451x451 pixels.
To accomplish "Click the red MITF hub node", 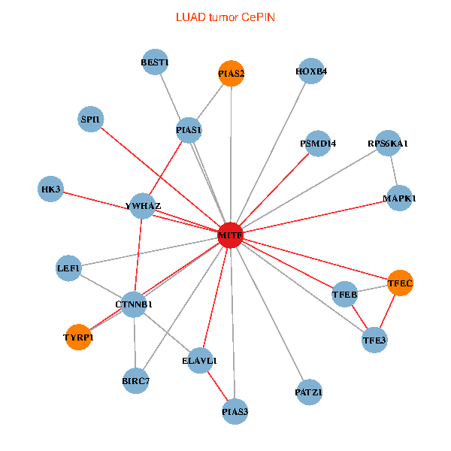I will [230, 236].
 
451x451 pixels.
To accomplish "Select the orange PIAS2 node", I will [232, 74].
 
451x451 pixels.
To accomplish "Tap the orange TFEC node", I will [400, 283].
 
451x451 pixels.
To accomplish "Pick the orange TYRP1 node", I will [79, 337].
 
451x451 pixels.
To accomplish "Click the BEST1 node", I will [155, 62].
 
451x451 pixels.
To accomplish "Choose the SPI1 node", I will [91, 119].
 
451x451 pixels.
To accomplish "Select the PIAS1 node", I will [189, 131].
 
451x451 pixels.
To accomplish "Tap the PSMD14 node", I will [318, 143].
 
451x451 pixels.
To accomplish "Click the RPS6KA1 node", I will [388, 143].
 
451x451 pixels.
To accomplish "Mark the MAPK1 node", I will [399, 198].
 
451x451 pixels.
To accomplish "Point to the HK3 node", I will [51, 189].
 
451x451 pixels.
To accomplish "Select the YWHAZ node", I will [143, 205].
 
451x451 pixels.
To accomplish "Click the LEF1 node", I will [68, 268].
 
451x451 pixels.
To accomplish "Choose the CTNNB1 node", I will [134, 304].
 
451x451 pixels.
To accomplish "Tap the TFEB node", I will [344, 295].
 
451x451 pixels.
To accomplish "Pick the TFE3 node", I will [374, 341].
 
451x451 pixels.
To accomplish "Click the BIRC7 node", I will [135, 381].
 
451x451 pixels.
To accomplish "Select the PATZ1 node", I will [309, 392].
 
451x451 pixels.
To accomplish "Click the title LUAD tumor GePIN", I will [225, 17].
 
